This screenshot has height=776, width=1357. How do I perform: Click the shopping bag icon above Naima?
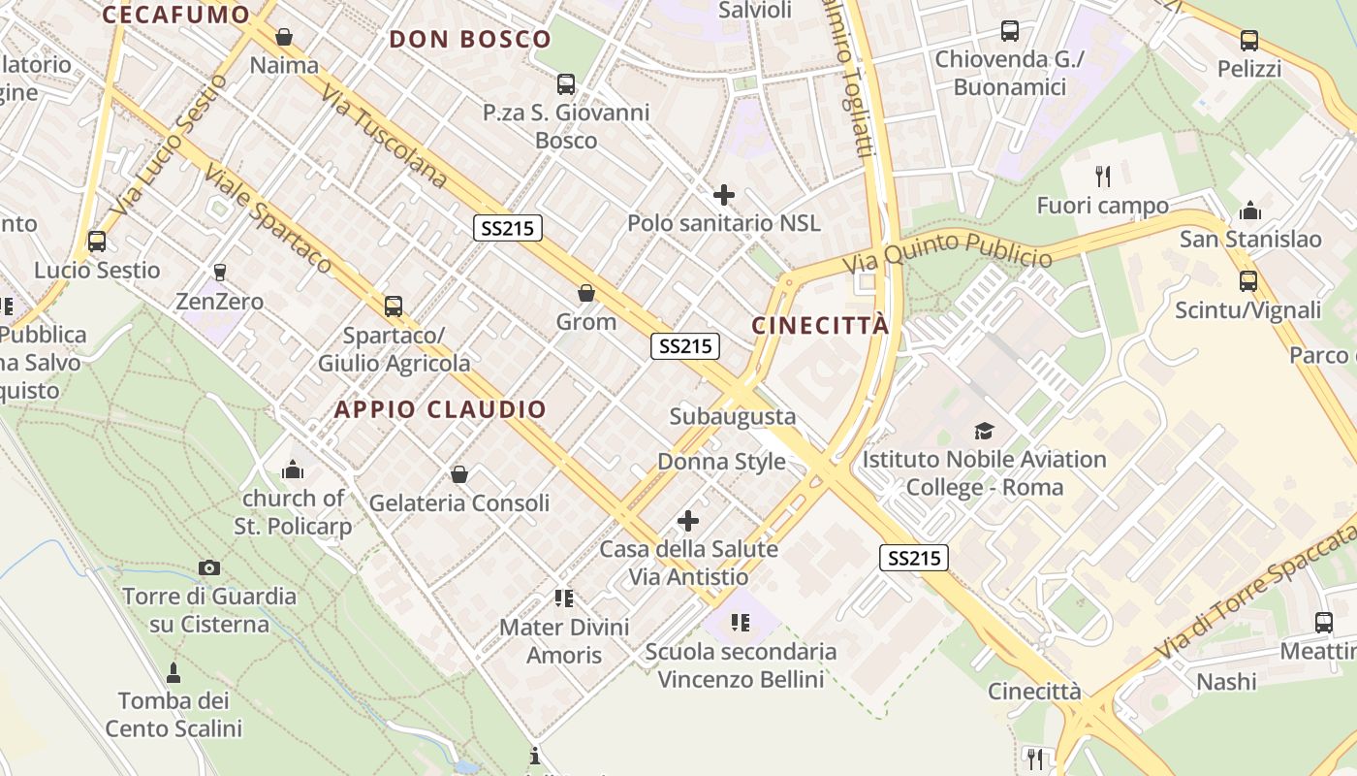pyautogui.click(x=284, y=37)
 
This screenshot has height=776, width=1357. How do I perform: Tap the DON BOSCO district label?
pyautogui.click(x=470, y=40)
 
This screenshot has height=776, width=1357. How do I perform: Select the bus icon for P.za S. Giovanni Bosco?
pyautogui.click(x=566, y=84)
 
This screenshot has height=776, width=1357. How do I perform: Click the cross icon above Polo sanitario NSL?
pyautogui.click(x=723, y=195)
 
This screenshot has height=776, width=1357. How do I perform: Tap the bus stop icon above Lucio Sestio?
pyautogui.click(x=97, y=242)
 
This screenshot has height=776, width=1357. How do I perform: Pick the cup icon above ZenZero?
pyautogui.click(x=220, y=273)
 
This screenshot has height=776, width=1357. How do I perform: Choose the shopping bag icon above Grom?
pyautogui.click(x=586, y=293)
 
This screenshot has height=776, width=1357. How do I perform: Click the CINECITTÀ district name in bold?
pyautogui.click(x=820, y=325)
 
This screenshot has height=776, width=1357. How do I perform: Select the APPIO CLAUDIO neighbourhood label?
pyautogui.click(x=441, y=409)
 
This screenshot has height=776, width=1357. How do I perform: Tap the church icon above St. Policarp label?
pyautogui.click(x=292, y=470)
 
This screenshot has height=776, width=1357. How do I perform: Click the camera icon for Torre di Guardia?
pyautogui.click(x=208, y=567)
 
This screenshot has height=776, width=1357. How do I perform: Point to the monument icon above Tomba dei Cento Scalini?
pyautogui.click(x=174, y=671)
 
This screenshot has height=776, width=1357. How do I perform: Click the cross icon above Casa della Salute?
pyautogui.click(x=688, y=522)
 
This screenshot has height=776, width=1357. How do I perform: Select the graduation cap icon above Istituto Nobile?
pyautogui.click(x=984, y=431)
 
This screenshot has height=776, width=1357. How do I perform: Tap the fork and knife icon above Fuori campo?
pyautogui.click(x=1102, y=176)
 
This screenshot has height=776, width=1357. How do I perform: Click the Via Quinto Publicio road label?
pyautogui.click(x=947, y=250)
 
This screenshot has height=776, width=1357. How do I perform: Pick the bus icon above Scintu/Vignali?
pyautogui.click(x=1248, y=281)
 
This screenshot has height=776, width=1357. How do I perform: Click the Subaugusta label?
pyautogui.click(x=733, y=416)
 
